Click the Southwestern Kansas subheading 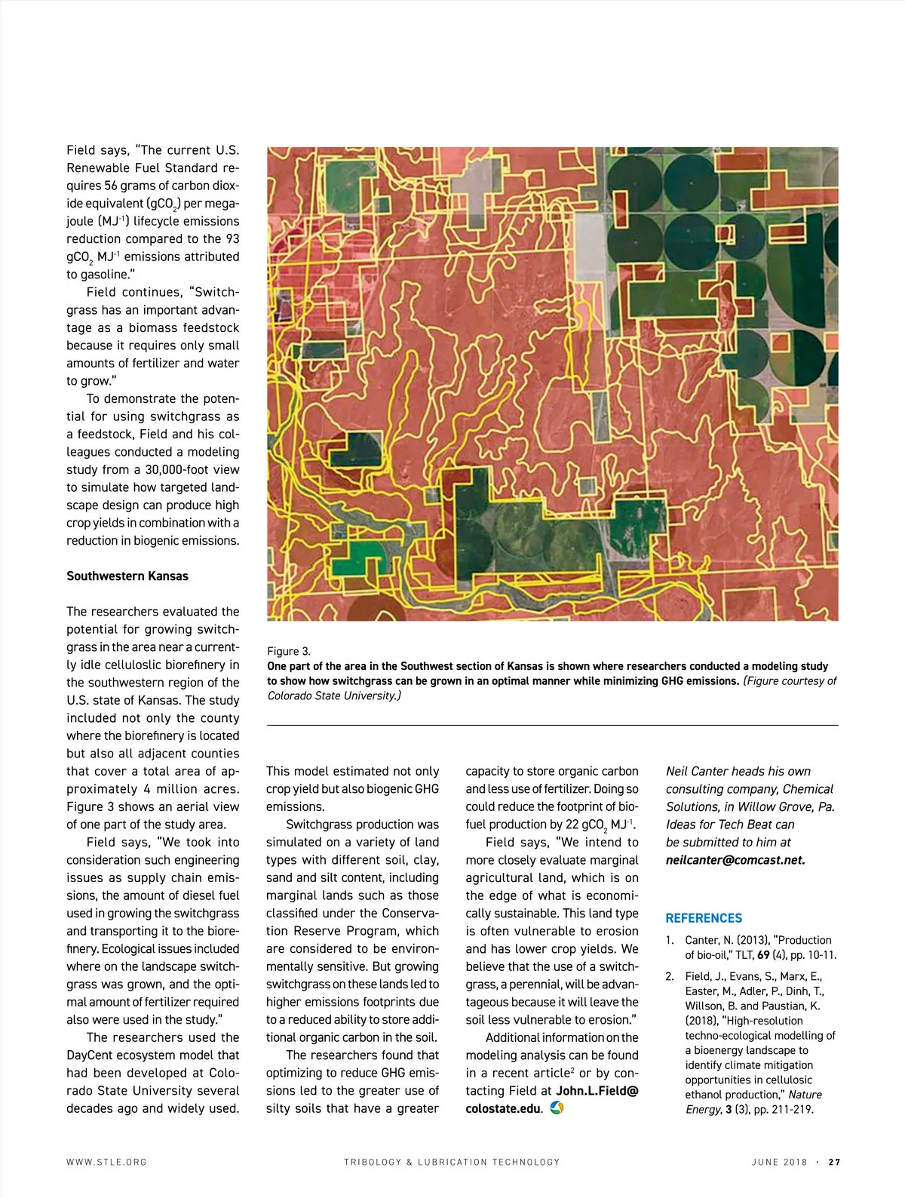127,576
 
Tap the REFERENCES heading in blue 704,918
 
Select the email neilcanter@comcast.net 735,860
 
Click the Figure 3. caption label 289,651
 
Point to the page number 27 834,1162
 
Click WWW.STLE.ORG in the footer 106,1162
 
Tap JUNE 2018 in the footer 779,1162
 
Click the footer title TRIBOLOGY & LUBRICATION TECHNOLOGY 452,1162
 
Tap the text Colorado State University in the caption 333,696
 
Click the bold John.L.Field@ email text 597,1091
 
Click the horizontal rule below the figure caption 552,725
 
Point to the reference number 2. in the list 670,976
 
